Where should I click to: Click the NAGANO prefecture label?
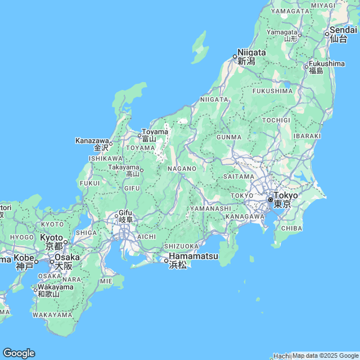click(x=182, y=168)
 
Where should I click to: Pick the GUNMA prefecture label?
click(x=228, y=137)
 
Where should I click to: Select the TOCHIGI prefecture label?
click(x=276, y=120)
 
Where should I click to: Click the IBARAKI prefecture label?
click(x=307, y=136)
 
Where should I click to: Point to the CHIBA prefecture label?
click(x=291, y=228)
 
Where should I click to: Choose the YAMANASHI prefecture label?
click(x=211, y=208)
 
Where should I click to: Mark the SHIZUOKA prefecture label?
click(x=181, y=246)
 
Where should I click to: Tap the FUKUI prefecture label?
click(x=90, y=183)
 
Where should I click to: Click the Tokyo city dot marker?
click(x=271, y=200)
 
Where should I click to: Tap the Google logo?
click(x=19, y=353)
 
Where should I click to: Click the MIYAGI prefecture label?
click(x=322, y=5)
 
